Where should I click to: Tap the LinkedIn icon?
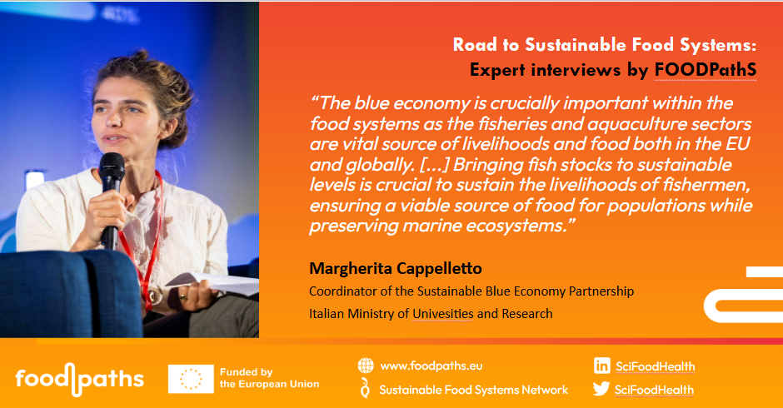pyautogui.click(x=601, y=366)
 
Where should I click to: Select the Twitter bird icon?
pyautogui.click(x=601, y=389)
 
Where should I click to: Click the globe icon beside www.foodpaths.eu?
pyautogui.click(x=366, y=366)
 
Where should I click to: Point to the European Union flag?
pyautogui.click(x=191, y=379)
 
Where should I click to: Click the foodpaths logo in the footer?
pyautogui.click(x=79, y=379)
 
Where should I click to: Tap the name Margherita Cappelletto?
pyautogui.click(x=396, y=269)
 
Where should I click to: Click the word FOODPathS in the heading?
pyautogui.click(x=705, y=70)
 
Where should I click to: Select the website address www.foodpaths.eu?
pyautogui.click(x=431, y=366)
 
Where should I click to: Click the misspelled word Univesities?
pyautogui.click(x=443, y=314)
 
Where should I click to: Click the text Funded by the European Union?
pyautogui.click(x=269, y=378)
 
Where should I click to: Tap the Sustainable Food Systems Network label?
pyautogui.click(x=473, y=390)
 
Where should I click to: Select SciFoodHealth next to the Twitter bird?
pyautogui.click(x=654, y=390)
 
